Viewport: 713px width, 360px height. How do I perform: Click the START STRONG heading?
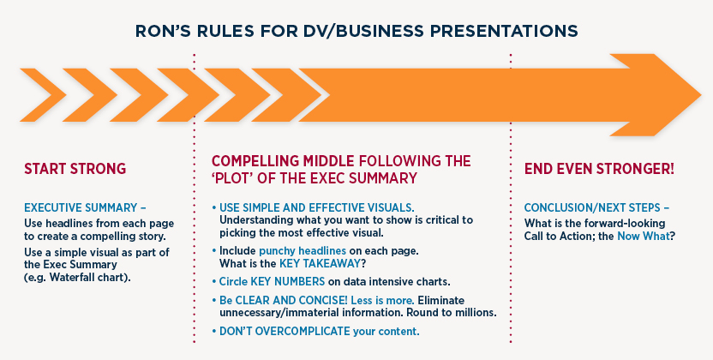tap(75, 169)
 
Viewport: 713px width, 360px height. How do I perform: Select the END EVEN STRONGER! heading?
tap(599, 169)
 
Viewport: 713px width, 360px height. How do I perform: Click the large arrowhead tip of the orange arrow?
tap(700, 95)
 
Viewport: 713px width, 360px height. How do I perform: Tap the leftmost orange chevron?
tap(43, 95)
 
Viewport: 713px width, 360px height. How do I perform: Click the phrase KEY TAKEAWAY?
tap(320, 264)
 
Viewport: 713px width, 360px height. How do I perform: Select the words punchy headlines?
tap(303, 250)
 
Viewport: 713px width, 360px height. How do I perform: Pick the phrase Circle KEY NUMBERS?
tap(272, 281)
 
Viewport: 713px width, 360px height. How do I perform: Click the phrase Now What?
tap(644, 236)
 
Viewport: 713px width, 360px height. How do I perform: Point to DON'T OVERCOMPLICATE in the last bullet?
tap(285, 332)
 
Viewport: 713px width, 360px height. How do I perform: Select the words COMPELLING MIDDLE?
tap(283, 161)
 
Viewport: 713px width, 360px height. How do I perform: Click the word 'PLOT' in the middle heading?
tap(232, 177)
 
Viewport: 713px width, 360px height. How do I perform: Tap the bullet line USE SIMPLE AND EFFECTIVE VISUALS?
tap(317, 207)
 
